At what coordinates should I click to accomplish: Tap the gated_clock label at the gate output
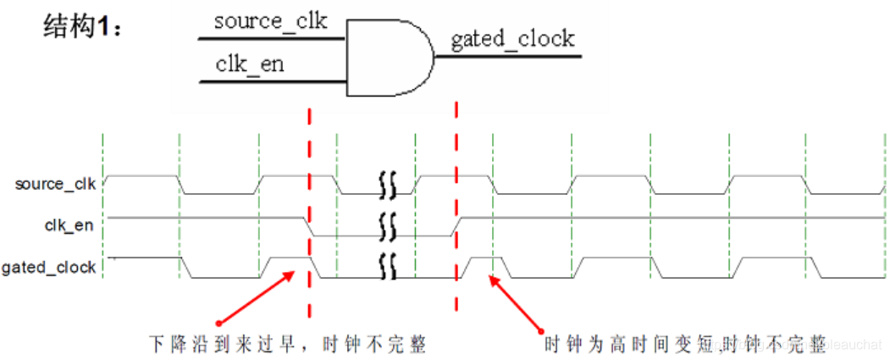point(512,39)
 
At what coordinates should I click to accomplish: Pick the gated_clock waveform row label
point(48,268)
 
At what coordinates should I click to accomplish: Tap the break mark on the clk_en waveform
point(388,226)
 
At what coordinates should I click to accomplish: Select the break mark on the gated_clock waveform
point(388,268)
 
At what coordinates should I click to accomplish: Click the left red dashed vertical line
point(310,212)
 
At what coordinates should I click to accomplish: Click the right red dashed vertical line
point(457,212)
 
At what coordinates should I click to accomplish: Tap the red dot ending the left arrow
point(219,323)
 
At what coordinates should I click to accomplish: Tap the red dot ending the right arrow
point(543,329)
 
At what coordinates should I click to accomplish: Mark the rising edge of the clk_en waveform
point(457,227)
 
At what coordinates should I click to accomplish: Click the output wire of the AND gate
point(508,57)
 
